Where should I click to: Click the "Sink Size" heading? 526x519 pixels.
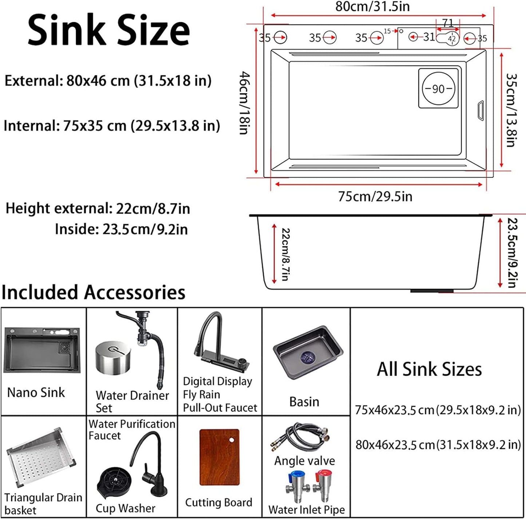pyautogui.click(x=108, y=31)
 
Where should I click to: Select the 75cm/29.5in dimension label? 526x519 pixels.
pyautogui.click(x=375, y=197)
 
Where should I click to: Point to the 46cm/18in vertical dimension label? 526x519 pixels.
pyautogui.click(x=244, y=103)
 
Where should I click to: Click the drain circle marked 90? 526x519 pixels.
pyautogui.click(x=438, y=88)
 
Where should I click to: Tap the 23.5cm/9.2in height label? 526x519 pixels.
pyautogui.click(x=513, y=253)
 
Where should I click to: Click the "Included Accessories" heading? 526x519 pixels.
pyautogui.click(x=94, y=292)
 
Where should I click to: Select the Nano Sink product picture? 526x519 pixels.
pyautogui.click(x=42, y=350)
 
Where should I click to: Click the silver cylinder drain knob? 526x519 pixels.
pyautogui.click(x=112, y=357)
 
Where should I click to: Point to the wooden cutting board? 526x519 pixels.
pyautogui.click(x=219, y=457)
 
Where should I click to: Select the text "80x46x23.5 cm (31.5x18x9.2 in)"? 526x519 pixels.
pyautogui.click(x=438, y=444)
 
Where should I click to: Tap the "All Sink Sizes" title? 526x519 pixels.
pyautogui.click(x=429, y=369)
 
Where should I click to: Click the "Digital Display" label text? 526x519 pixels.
pyautogui.click(x=217, y=381)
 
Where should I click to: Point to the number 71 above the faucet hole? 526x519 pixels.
pyautogui.click(x=448, y=23)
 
